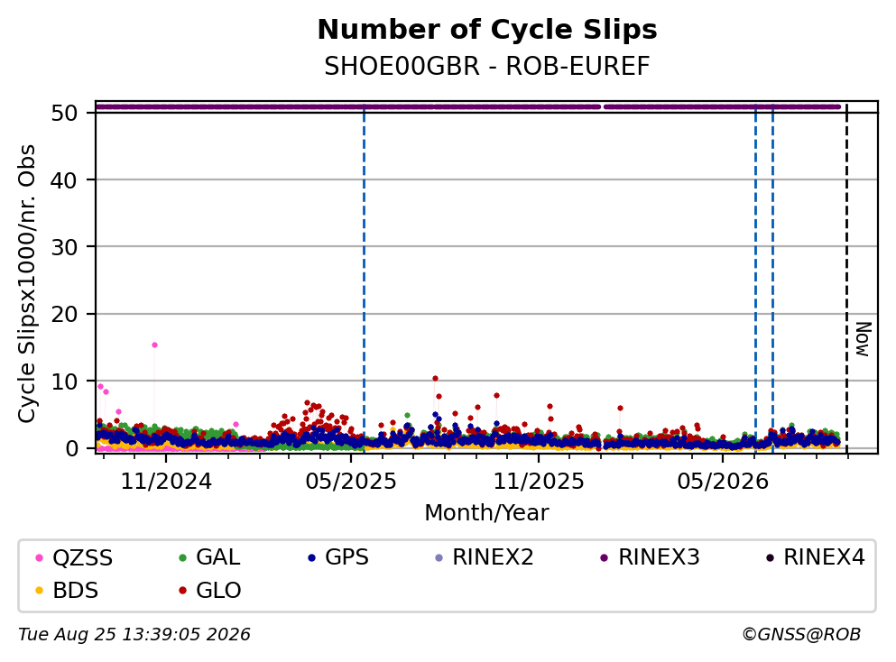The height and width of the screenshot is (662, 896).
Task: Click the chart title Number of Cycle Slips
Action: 487,30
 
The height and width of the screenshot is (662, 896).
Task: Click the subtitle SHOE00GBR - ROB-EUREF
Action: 487,66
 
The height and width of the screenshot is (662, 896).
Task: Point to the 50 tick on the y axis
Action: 64,113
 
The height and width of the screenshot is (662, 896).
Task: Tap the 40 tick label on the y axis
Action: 64,180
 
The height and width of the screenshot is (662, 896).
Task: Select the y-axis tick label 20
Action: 64,314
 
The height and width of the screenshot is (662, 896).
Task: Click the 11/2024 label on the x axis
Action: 166,482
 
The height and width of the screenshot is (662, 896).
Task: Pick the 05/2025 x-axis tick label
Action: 351,482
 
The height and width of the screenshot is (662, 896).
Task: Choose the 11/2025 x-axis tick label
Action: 539,482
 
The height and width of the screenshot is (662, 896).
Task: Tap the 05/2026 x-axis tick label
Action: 723,482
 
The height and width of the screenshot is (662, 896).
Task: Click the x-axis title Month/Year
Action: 487,513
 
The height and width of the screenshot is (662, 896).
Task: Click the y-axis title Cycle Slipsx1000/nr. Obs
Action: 27,283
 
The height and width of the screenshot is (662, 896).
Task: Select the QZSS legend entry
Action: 74,557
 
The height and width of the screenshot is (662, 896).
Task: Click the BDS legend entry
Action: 66,591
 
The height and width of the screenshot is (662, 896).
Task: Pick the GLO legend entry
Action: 209,591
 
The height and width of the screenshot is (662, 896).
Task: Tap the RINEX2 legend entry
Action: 484,557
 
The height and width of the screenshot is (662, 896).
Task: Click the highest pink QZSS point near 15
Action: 154,345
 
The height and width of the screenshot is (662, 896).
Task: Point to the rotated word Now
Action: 863,339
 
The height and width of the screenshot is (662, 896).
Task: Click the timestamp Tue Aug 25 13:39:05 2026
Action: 134,635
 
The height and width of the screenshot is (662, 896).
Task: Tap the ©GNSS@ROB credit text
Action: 801,635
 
